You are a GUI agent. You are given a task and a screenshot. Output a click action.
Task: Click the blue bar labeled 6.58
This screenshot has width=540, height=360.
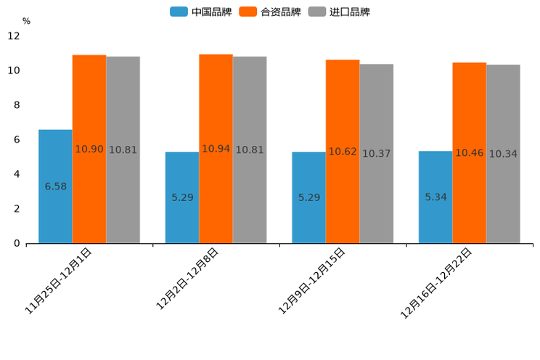pyautogui.click(x=55, y=187)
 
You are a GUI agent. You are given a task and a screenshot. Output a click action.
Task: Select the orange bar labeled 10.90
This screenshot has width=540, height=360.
pyautogui.click(x=89, y=149)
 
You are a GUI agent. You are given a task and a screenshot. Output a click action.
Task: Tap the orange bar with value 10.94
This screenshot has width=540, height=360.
pyautogui.click(x=216, y=149)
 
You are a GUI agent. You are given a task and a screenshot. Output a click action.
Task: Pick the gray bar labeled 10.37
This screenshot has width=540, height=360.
pyautogui.click(x=376, y=153)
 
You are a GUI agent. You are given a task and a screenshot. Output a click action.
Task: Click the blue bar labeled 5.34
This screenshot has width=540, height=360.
pyautogui.click(x=435, y=197)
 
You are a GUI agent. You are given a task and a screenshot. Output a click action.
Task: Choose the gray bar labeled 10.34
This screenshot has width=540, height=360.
pyautogui.click(x=503, y=154)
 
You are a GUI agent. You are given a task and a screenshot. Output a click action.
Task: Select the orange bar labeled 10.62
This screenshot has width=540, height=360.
pyautogui.click(x=343, y=151)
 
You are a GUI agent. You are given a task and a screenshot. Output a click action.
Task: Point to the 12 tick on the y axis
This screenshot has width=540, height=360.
pyautogui.click(x=15, y=36)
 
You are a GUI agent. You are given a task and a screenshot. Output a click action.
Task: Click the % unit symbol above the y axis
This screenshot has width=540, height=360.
pyautogui.click(x=26, y=21)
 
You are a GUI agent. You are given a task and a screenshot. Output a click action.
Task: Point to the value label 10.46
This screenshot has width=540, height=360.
pyautogui.click(x=470, y=153)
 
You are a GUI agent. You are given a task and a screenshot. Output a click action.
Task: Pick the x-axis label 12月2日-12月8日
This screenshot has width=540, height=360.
pyautogui.click(x=187, y=279)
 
